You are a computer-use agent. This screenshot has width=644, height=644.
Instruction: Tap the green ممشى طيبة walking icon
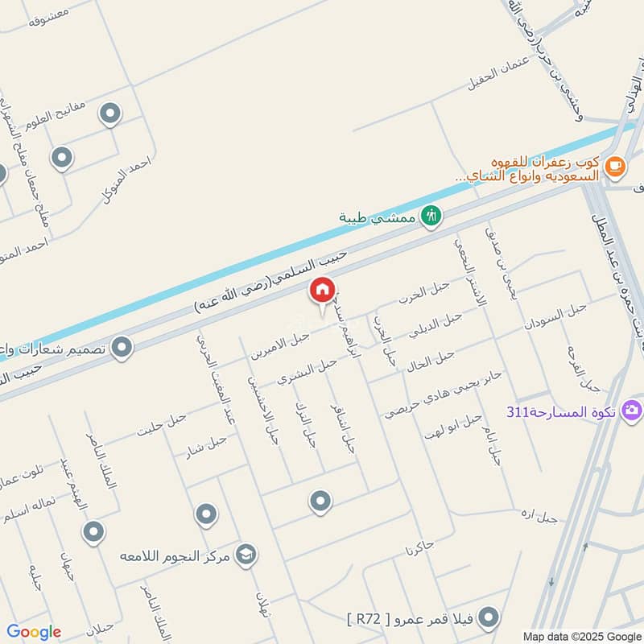pos(432,216)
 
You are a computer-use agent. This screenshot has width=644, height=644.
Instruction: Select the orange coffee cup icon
pos(614,167)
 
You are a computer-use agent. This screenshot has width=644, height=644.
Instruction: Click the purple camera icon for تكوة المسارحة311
pos(632,411)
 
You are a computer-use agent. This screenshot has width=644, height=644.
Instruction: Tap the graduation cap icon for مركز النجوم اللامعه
pos(246,555)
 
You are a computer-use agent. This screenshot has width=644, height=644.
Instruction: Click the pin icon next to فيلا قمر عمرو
pos(488,618)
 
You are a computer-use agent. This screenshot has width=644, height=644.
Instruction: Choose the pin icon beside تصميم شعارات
pos(122,348)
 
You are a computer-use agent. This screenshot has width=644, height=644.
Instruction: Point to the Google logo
pos(34,632)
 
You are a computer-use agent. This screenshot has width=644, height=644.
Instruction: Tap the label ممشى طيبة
pos(379,217)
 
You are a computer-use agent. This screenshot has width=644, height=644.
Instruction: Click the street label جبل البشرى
pos(307,371)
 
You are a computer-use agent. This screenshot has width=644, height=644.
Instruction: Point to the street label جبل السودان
pos(555,317)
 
